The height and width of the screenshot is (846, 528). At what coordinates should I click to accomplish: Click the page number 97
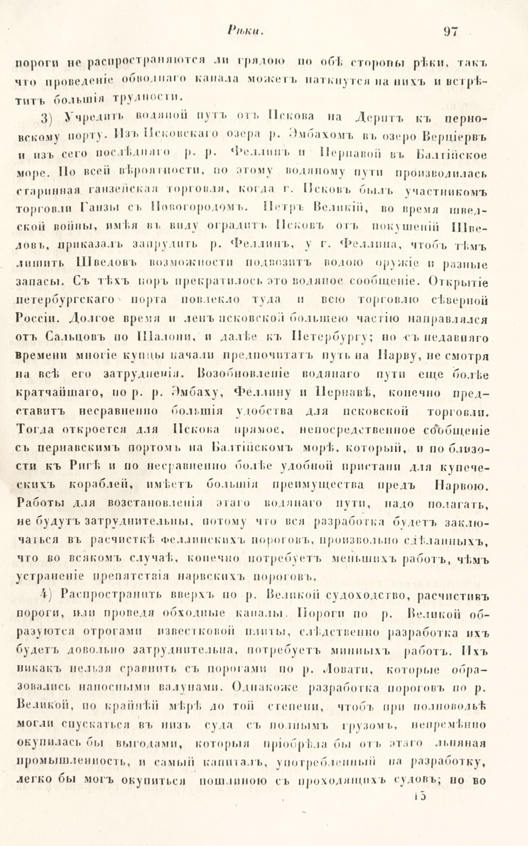pos(451,31)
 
